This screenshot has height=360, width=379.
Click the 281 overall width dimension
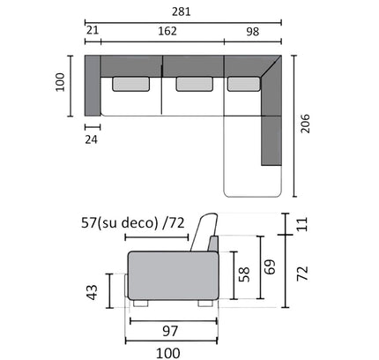pos(182,12)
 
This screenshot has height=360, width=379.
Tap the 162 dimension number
pos(167,31)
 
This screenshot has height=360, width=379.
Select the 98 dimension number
pos(253,32)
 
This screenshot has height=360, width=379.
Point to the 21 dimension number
pos(93,30)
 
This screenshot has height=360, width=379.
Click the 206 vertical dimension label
pos(305,124)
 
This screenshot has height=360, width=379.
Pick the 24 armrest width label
pos(92,139)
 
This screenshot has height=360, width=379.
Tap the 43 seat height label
pos(93,292)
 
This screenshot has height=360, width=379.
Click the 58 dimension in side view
pos(244,274)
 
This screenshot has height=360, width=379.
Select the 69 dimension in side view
pos(270,266)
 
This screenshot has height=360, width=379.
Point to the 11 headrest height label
pos(302,224)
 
